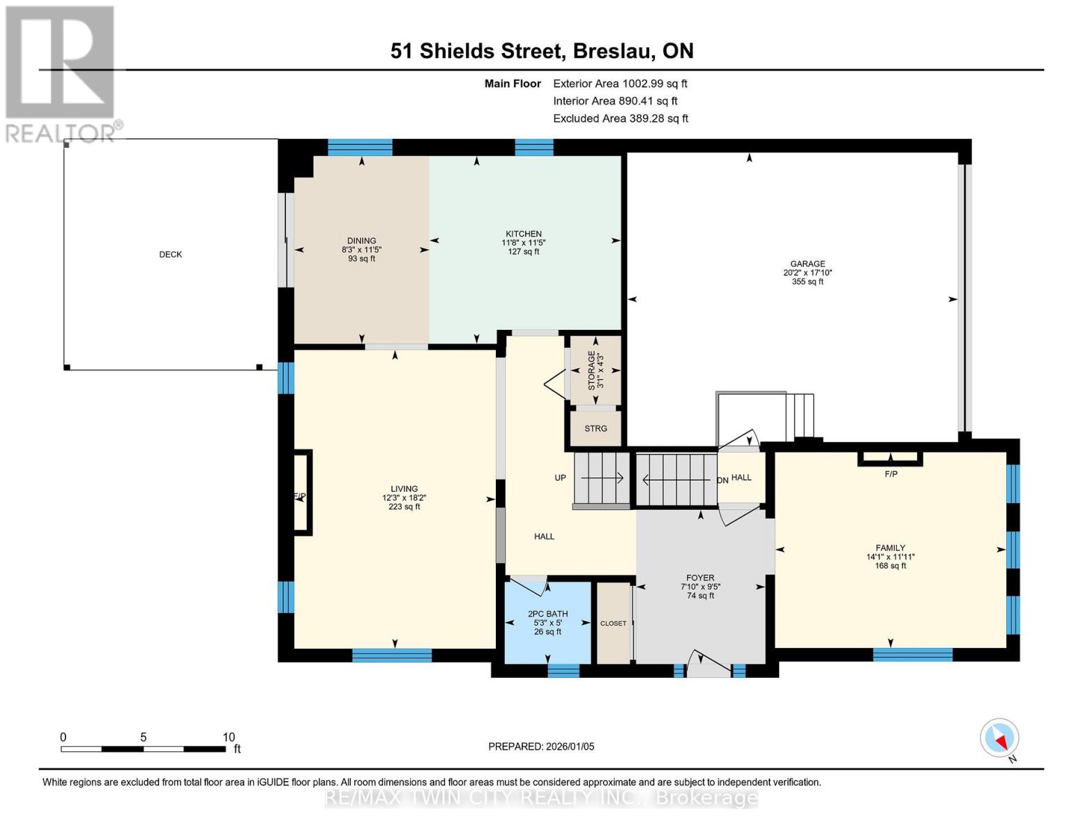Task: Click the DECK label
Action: click(170, 255)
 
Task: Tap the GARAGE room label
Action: click(808, 264)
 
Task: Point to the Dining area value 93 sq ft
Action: click(361, 259)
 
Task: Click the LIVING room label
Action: click(404, 489)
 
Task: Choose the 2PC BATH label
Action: click(547, 614)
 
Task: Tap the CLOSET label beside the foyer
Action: click(613, 624)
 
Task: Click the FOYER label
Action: click(700, 578)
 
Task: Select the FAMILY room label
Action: click(891, 548)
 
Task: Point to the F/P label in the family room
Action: click(891, 474)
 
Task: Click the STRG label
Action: click(596, 429)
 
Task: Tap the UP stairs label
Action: click(560, 478)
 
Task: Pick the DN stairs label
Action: click(723, 481)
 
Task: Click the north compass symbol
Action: click(999, 738)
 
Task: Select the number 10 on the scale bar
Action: click(229, 737)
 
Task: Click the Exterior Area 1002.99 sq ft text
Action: click(620, 84)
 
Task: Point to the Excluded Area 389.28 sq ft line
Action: click(621, 119)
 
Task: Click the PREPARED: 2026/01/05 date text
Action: click(541, 746)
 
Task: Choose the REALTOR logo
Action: click(61, 73)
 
